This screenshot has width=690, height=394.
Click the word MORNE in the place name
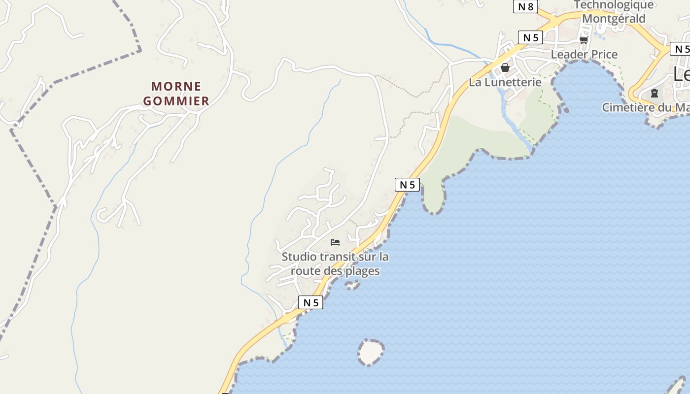(176, 86)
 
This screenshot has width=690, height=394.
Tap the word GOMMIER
(176, 101)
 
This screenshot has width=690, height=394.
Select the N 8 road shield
(525, 6)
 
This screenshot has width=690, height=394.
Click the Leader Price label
(584, 54)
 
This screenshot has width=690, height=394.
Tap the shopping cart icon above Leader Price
(584, 40)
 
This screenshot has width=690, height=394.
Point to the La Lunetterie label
(505, 82)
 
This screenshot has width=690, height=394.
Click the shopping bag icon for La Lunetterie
(505, 67)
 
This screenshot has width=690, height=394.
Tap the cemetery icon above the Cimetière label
(655, 93)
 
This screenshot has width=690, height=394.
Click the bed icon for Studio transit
(335, 242)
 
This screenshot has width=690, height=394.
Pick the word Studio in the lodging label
(299, 257)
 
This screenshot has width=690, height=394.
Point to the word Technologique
(614, 5)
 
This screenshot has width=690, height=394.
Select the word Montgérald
(614, 19)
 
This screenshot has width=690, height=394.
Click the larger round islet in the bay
(371, 352)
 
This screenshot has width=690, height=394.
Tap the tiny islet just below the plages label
(352, 285)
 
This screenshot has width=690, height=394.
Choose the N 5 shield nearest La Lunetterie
(530, 37)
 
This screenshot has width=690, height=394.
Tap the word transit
(338, 257)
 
